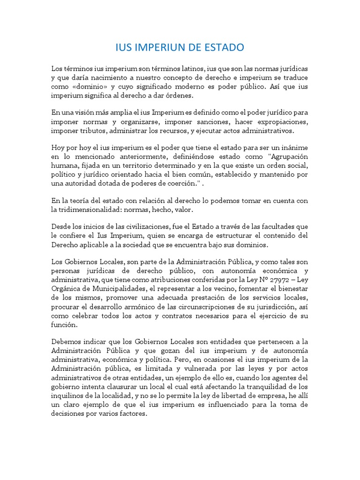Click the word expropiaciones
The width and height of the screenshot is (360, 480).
[281, 121]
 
